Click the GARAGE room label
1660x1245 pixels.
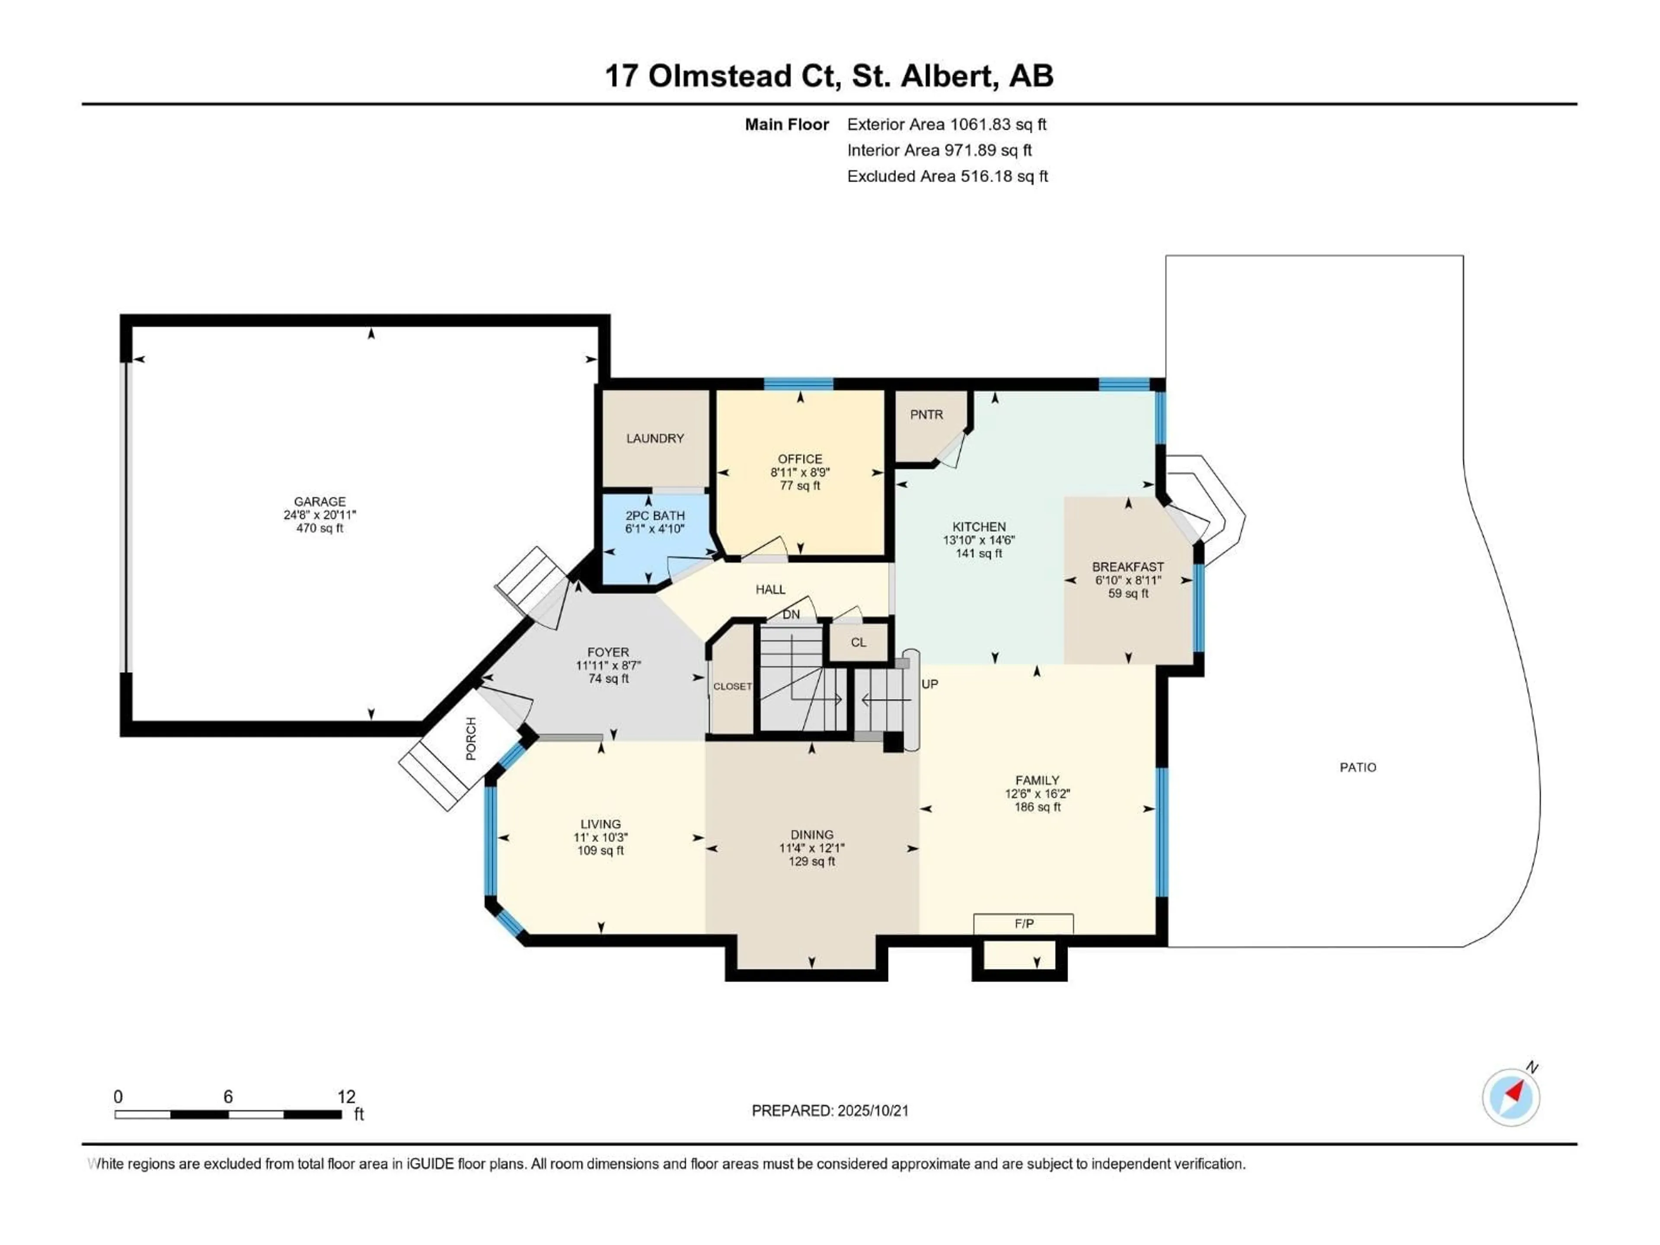[320, 501]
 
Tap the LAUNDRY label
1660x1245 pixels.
[655, 438]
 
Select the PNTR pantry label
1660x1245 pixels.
[927, 414]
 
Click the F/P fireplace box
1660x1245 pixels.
[1024, 924]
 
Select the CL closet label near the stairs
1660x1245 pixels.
[859, 642]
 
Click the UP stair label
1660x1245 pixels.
[930, 683]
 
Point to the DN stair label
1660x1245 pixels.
[791, 615]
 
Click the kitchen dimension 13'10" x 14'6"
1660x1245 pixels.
[979, 539]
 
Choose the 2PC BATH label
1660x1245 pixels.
[655, 516]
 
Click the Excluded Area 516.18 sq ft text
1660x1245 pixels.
[947, 176]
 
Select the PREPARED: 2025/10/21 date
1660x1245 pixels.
[830, 1111]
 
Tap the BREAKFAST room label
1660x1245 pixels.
[1128, 567]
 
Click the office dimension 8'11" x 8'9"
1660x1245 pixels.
[800, 472]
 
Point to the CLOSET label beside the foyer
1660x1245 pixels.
[732, 686]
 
